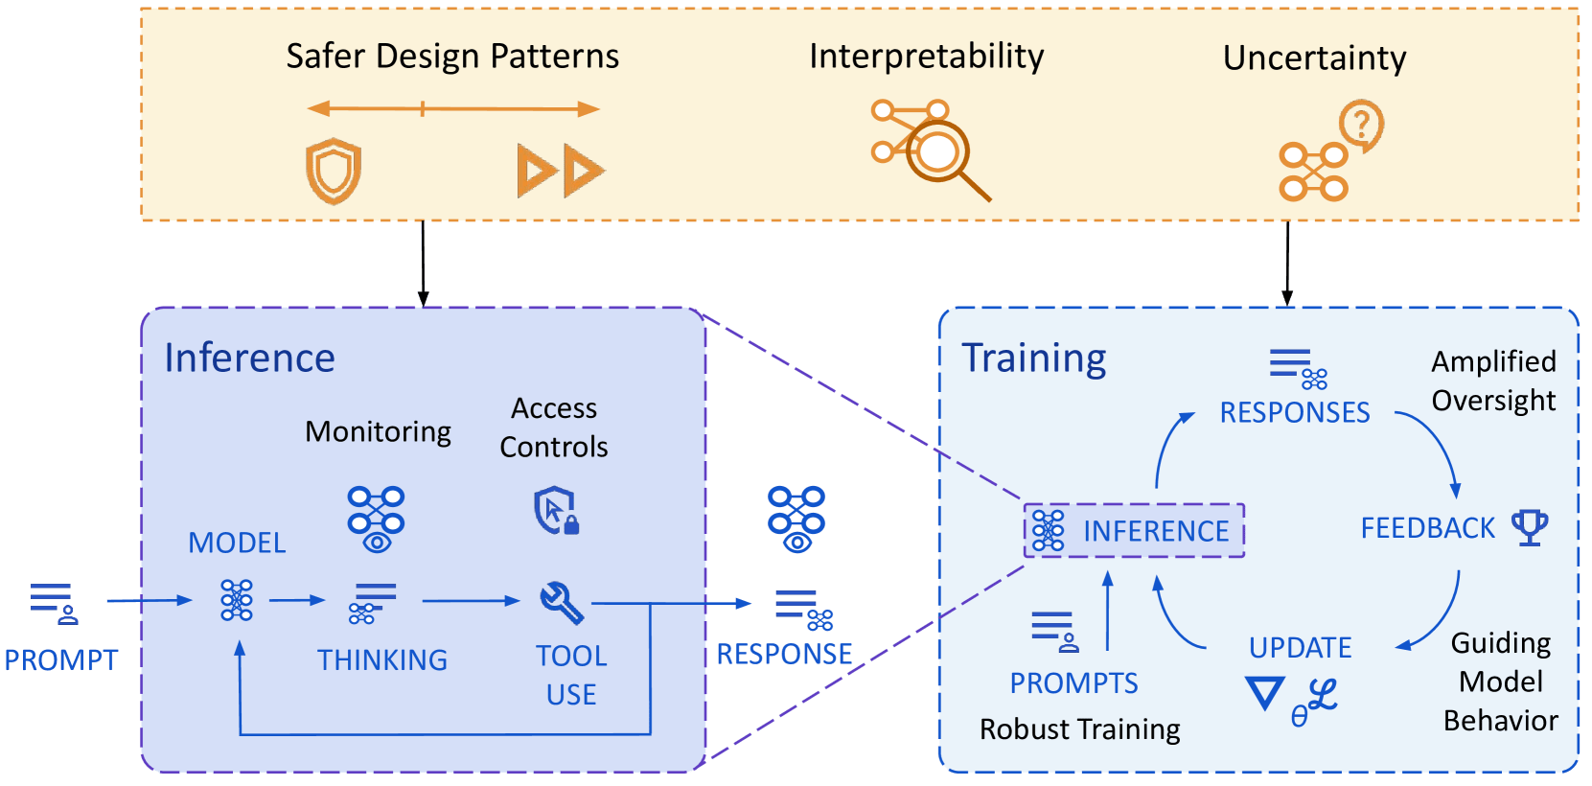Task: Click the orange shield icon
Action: point(334,172)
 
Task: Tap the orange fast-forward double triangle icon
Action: point(561,171)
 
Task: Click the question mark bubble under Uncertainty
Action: point(1361,126)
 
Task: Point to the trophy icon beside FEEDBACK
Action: point(1530,527)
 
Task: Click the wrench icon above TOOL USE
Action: point(562,603)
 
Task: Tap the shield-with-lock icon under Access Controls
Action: point(556,510)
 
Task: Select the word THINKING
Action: point(382,660)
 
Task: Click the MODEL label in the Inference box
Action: point(237,543)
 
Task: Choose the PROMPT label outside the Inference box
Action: point(61,660)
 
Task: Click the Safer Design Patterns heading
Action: point(452,57)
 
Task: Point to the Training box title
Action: point(1034,358)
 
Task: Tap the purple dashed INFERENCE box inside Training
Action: point(1134,531)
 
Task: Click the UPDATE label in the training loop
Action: point(1301,648)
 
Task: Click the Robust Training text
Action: point(1079,729)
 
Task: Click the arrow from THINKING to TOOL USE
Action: point(472,601)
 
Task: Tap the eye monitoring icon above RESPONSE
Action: point(796,520)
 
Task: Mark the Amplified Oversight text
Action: point(1494,381)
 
